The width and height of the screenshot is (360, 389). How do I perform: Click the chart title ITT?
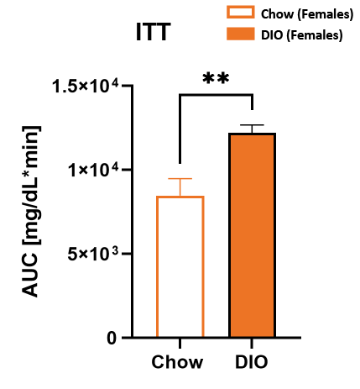pyautogui.click(x=154, y=33)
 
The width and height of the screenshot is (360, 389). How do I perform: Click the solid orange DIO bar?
pyautogui.click(x=253, y=235)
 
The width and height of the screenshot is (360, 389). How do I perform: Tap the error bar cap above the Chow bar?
pyautogui.click(x=180, y=179)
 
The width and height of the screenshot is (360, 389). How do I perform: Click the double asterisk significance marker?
pyautogui.click(x=216, y=79)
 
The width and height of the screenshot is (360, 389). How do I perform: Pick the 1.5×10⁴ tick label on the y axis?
pyautogui.click(x=91, y=86)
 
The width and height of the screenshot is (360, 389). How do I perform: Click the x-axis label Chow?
pyautogui.click(x=179, y=362)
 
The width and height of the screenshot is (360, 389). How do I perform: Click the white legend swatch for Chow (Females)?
pyautogui.click(x=240, y=13)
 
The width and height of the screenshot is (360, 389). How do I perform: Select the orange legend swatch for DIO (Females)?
pyautogui.click(x=240, y=34)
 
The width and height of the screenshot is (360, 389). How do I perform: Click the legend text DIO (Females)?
pyautogui.click(x=300, y=34)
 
